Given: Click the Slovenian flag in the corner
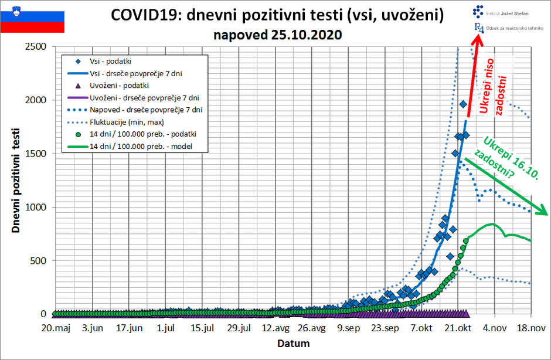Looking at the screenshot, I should pyautogui.click(x=32, y=17).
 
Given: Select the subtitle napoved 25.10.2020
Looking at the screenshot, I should pyautogui.click(x=278, y=35).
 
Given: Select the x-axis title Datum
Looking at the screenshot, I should pyautogui.click(x=293, y=343).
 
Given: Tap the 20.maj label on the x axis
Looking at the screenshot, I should pyautogui.click(x=57, y=328).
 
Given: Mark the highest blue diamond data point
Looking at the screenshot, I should pyautogui.click(x=463, y=104).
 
